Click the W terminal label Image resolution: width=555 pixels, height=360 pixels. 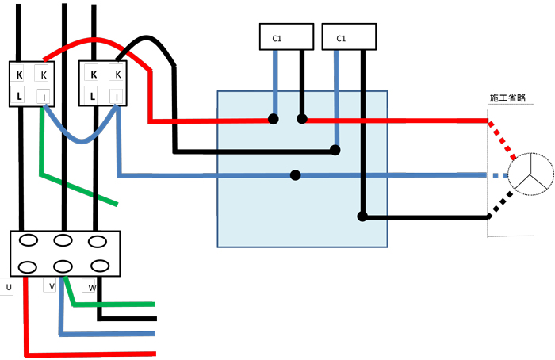tap(92, 287)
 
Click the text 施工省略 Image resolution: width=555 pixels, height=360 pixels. tap(508, 98)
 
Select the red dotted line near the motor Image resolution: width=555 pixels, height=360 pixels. tap(502, 140)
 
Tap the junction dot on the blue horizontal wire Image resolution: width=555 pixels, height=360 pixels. tap(296, 174)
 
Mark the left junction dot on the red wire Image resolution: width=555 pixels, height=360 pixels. tap(274, 120)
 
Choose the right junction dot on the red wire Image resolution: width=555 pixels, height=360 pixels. tap(302, 120)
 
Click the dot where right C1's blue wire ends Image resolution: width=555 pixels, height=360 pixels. tap(337, 149)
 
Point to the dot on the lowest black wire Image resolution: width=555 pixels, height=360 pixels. tap(362, 216)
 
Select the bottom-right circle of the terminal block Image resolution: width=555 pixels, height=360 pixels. tap(98, 266)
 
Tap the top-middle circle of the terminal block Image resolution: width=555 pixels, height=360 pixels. tap(63, 239)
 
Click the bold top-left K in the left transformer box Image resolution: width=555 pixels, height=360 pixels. tap(19, 75)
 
